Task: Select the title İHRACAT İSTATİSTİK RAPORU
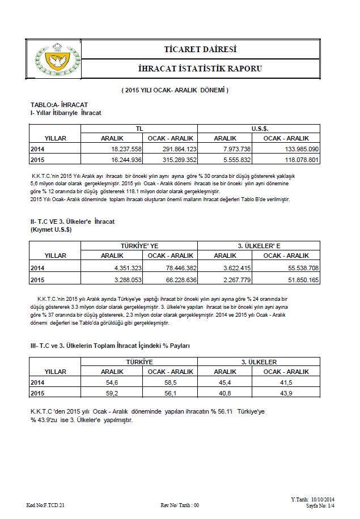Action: coord(200,69)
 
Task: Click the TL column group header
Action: coord(139,129)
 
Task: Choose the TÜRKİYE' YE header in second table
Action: coord(139,246)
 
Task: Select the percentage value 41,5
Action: coord(286,383)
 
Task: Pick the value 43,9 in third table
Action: coord(286,393)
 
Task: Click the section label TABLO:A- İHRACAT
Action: coord(59,105)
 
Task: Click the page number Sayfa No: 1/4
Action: coord(321,504)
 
